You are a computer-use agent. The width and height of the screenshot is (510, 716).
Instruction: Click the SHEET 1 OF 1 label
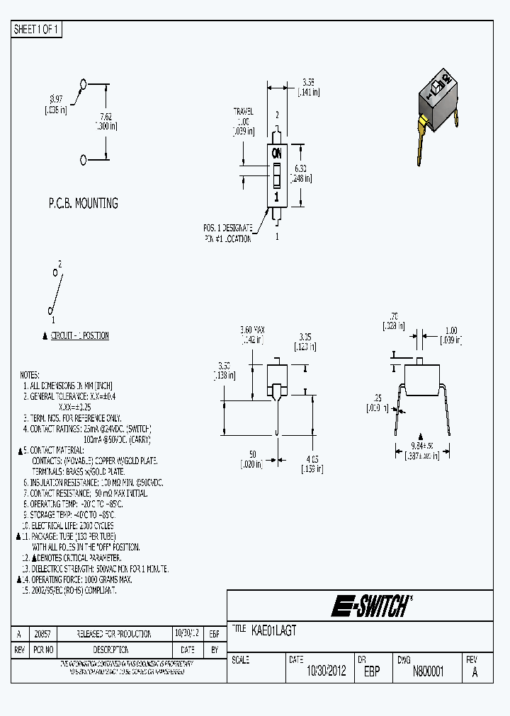37,29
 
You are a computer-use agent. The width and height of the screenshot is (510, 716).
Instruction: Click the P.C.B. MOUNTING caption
83,203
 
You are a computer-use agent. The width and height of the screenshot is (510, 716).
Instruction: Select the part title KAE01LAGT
273,629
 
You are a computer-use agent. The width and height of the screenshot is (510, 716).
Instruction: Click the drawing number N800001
428,672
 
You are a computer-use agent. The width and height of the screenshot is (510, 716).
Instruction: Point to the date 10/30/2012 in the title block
326,672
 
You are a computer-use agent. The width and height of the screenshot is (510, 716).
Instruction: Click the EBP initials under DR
372,672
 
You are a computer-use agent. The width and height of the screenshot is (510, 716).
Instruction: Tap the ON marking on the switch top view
277,153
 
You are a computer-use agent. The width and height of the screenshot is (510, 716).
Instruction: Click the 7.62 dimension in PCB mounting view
105,117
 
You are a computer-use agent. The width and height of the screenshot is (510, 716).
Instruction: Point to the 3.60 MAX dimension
251,330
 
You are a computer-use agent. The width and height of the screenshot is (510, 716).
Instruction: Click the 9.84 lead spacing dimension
421,446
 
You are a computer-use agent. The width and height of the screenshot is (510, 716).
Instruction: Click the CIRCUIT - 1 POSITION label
79,335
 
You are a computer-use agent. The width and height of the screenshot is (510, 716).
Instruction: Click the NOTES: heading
30,375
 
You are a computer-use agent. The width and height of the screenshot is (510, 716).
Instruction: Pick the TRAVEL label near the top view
244,112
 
